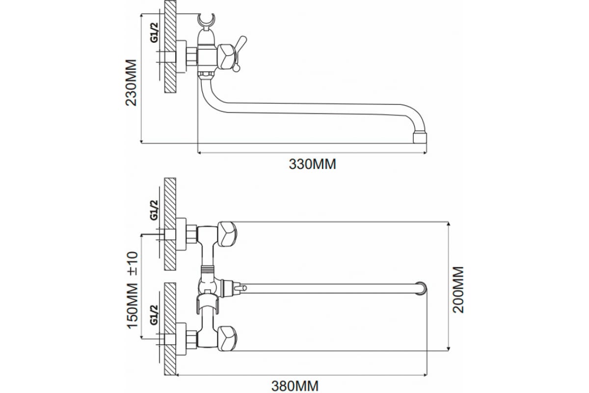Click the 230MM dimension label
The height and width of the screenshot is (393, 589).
point(132,83)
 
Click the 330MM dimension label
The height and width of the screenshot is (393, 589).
point(312,165)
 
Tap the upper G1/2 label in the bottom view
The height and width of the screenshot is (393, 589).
point(154,210)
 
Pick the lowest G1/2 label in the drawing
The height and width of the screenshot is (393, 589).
point(154,314)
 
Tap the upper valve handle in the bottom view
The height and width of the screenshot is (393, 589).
point(226,234)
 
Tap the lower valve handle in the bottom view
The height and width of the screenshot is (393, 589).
point(226,337)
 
